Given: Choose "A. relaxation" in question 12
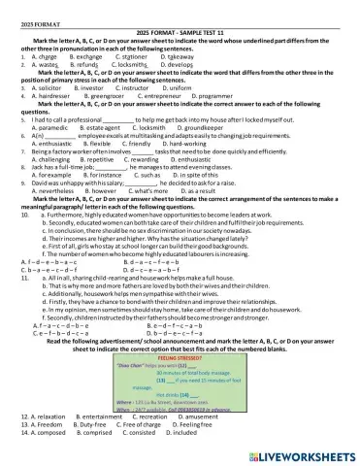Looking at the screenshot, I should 48,443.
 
